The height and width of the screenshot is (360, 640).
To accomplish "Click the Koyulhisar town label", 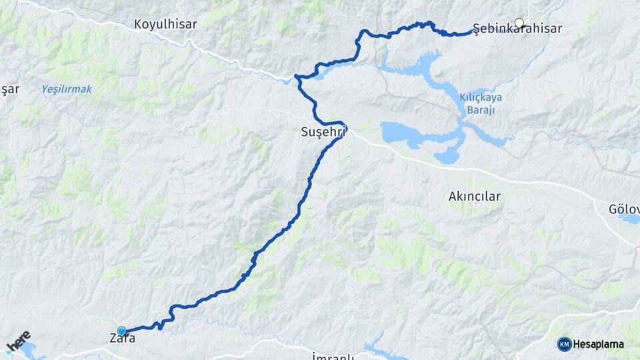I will click(x=165, y=25).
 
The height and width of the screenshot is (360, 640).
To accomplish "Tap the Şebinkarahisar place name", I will click(x=517, y=29).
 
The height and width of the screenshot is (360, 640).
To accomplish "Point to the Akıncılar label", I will click(x=474, y=197).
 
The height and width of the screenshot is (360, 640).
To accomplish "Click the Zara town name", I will click(x=122, y=339).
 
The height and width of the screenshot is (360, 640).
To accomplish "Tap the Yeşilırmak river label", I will click(x=67, y=89).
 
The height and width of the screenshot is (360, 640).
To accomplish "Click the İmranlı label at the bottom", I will click(x=333, y=357).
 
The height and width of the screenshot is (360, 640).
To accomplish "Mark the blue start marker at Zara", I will click(x=122, y=331).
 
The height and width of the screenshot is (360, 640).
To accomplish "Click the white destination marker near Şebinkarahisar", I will click(x=519, y=23).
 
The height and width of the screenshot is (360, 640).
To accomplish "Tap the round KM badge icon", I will click(x=564, y=344).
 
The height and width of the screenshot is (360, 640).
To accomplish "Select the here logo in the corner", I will click(x=18, y=341).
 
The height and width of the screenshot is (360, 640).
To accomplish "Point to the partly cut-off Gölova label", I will click(x=624, y=209).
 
